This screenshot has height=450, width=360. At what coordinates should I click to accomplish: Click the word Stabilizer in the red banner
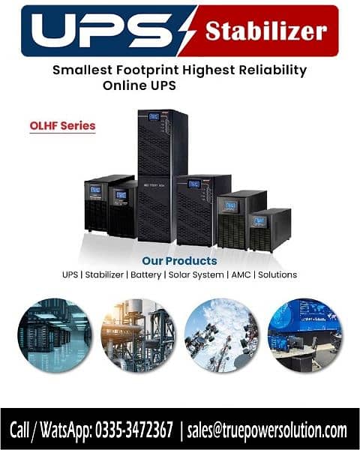[266, 31]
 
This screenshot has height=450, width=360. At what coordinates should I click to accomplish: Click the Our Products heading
[180, 261]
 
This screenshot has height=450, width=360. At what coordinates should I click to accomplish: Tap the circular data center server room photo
[55, 334]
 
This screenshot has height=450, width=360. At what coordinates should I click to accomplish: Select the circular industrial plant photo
[137, 334]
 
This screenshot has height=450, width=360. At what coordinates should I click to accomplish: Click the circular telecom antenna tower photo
[222, 334]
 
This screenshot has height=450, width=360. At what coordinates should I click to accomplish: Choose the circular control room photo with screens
[305, 334]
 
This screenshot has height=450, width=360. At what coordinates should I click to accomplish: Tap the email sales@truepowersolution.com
[266, 430]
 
